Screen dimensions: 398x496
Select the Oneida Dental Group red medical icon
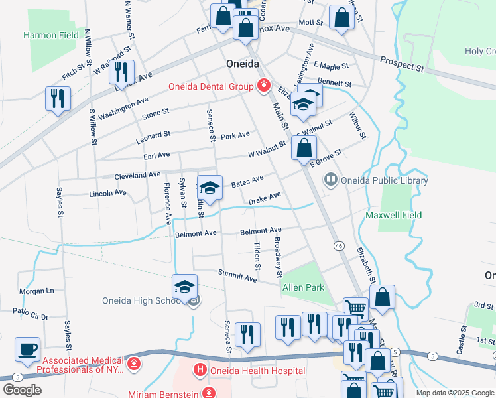(x=263, y=86)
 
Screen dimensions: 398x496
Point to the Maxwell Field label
(x=393, y=215)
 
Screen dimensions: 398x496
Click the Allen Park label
(x=303, y=287)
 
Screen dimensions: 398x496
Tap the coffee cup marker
(x=27, y=349)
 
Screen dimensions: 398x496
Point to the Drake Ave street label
(x=265, y=198)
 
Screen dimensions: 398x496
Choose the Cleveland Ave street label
(x=137, y=175)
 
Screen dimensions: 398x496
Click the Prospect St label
(x=402, y=64)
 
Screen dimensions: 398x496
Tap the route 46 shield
(x=339, y=246)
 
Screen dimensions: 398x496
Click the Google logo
(x=21, y=390)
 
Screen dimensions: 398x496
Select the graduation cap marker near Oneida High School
(x=184, y=286)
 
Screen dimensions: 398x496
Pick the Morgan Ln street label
(x=36, y=291)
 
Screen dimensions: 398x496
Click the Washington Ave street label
(x=125, y=105)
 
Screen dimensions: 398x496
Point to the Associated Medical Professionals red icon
(x=133, y=364)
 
